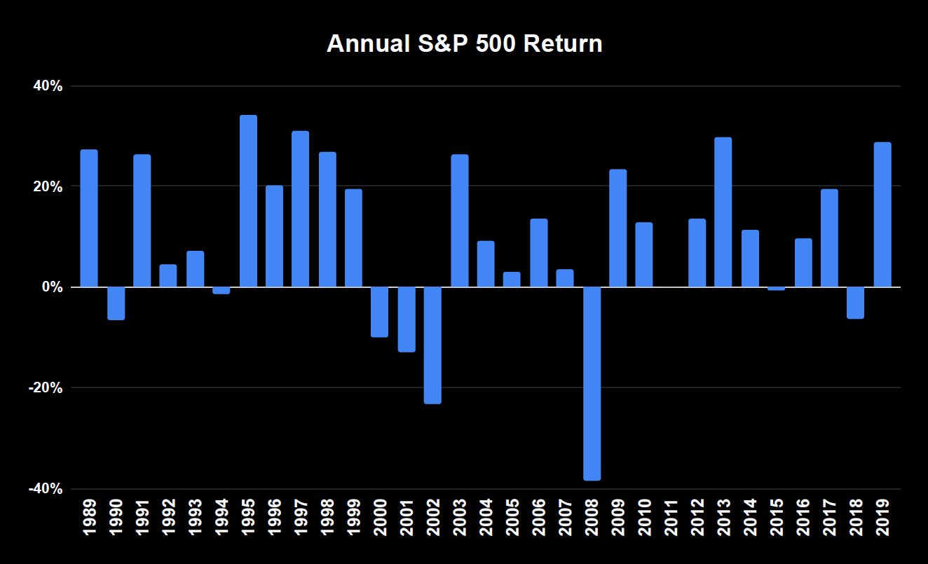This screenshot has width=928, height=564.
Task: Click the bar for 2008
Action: click(x=592, y=383)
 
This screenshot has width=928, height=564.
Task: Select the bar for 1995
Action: click(x=248, y=201)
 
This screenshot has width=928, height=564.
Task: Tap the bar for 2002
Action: click(x=432, y=345)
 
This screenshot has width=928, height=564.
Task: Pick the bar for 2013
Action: click(x=723, y=212)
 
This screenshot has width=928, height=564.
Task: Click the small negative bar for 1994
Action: click(x=221, y=291)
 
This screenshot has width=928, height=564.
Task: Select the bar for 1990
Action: click(x=116, y=303)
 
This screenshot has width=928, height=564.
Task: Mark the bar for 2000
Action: click(x=379, y=312)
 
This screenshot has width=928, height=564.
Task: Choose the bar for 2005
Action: click(x=512, y=280)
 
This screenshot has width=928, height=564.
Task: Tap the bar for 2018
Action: click(x=855, y=303)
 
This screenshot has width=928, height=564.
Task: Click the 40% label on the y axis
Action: click(x=47, y=86)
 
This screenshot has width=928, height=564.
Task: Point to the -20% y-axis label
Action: click(x=44, y=388)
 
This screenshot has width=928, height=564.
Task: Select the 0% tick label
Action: click(x=51, y=287)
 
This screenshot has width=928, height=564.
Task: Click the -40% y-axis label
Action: click(x=44, y=489)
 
